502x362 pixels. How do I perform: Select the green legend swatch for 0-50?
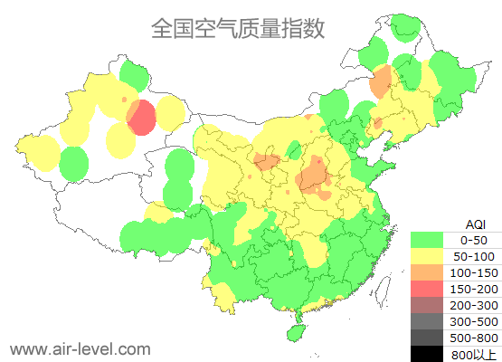pyautogui.click(x=431, y=240)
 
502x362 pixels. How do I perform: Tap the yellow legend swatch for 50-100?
pyautogui.click(x=431, y=256)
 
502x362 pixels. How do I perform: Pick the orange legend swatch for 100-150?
pyautogui.click(x=431, y=272)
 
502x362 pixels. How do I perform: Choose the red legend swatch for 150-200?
pyautogui.click(x=431, y=289)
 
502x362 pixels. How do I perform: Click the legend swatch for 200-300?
pyautogui.click(x=431, y=305)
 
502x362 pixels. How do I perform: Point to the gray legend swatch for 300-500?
pyautogui.click(x=431, y=321)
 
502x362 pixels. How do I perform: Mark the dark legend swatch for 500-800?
pyautogui.click(x=431, y=338)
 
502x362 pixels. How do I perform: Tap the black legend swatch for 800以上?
pyautogui.click(x=431, y=353)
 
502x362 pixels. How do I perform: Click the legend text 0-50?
pyautogui.click(x=475, y=240)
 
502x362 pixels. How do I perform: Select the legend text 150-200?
pyautogui.click(x=475, y=289)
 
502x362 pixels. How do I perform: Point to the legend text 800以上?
pyautogui.click(x=475, y=354)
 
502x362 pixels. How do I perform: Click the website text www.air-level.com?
pyautogui.click(x=80, y=348)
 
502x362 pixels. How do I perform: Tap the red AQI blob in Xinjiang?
pyautogui.click(x=141, y=117)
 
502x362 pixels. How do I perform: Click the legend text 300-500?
pyautogui.click(x=475, y=321)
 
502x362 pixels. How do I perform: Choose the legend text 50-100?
pyautogui.click(x=475, y=256)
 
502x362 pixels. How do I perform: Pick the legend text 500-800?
pyautogui.click(x=475, y=338)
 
